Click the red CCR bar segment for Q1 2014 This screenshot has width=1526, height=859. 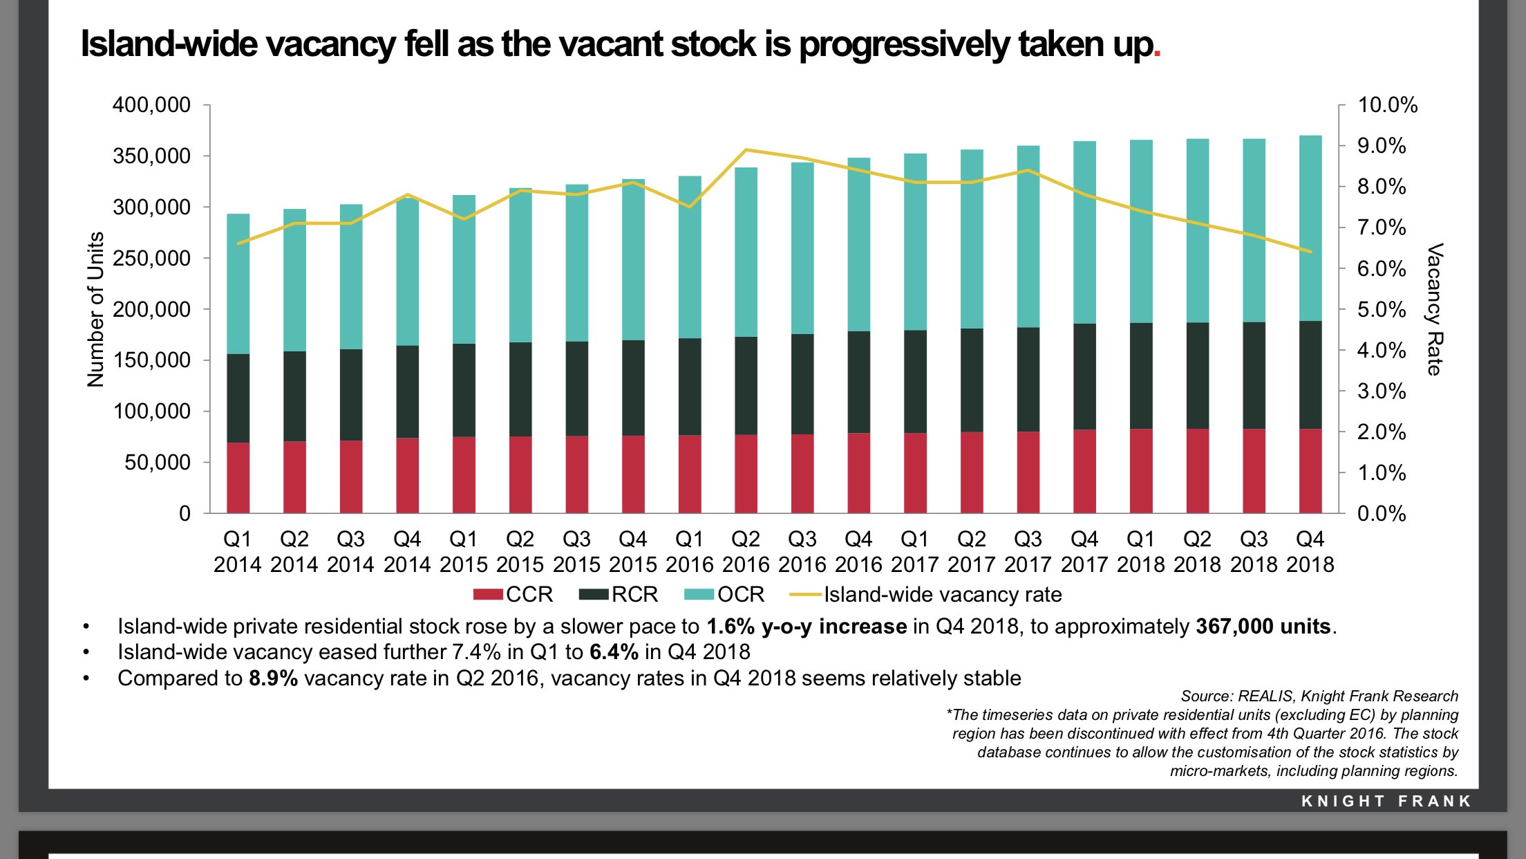coord(238,477)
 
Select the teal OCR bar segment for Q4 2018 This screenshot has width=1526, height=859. coord(1310,228)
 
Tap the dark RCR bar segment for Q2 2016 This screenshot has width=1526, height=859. coord(746,385)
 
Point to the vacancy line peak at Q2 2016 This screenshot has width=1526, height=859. coord(746,149)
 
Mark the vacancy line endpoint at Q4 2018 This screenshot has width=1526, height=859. coord(1310,252)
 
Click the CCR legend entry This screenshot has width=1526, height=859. coord(514,595)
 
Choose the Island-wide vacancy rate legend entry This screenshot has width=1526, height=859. coord(926,595)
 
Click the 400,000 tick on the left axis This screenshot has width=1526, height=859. coord(151,105)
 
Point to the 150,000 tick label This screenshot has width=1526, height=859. coord(151,360)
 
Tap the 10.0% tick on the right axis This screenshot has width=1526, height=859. coord(1387,105)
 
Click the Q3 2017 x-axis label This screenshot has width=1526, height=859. coord(1028,552)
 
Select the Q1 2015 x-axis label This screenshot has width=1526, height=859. coord(463,552)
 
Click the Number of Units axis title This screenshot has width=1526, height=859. coord(95,309)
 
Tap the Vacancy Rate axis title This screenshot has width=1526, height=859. coord(1435,309)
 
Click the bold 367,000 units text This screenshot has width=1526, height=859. coord(1263,627)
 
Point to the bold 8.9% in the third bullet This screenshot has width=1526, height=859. coord(273,678)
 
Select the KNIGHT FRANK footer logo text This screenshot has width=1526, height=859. coord(1386,801)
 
